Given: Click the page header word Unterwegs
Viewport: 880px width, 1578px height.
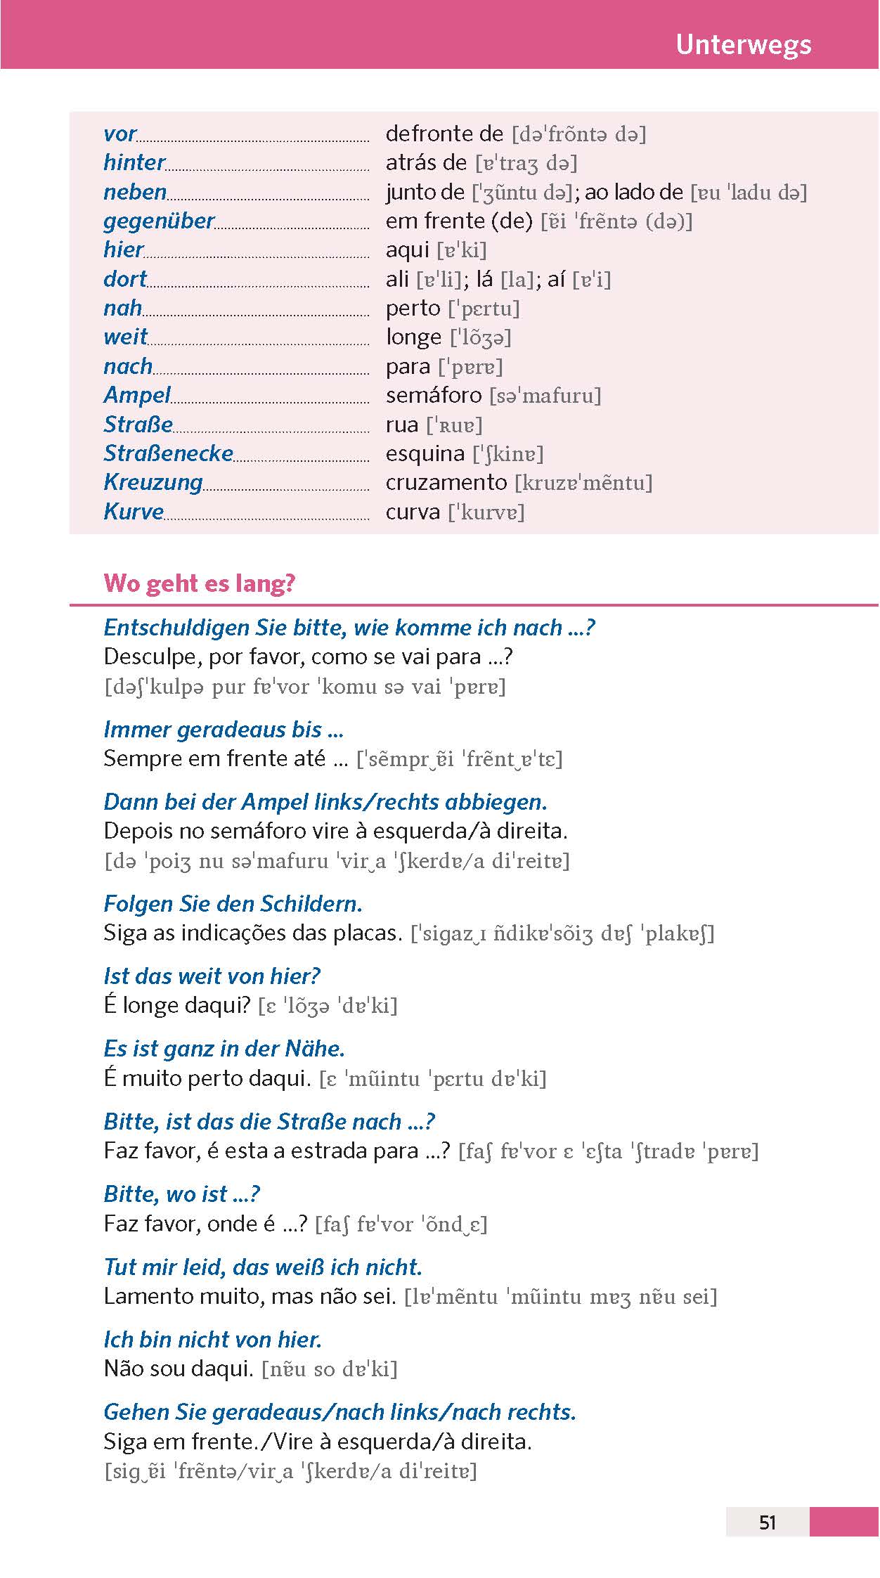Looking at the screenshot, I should tap(743, 45).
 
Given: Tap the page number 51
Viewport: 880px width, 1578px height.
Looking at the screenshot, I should tap(768, 1522).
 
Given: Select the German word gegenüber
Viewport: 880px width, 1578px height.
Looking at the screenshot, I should tap(159, 221).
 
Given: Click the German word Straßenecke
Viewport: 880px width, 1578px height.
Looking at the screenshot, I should tap(168, 453).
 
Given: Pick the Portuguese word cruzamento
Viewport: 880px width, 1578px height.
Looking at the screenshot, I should tap(446, 482).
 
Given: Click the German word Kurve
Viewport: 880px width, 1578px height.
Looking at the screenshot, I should tap(134, 512).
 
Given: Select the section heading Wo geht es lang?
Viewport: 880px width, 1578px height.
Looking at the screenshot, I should tap(200, 583).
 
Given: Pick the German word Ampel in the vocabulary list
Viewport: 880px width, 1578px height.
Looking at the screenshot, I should tap(137, 395).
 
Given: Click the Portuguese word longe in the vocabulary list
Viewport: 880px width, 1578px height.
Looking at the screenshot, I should tap(413, 338).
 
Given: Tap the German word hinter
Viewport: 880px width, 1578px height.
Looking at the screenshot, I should tap(134, 162).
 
